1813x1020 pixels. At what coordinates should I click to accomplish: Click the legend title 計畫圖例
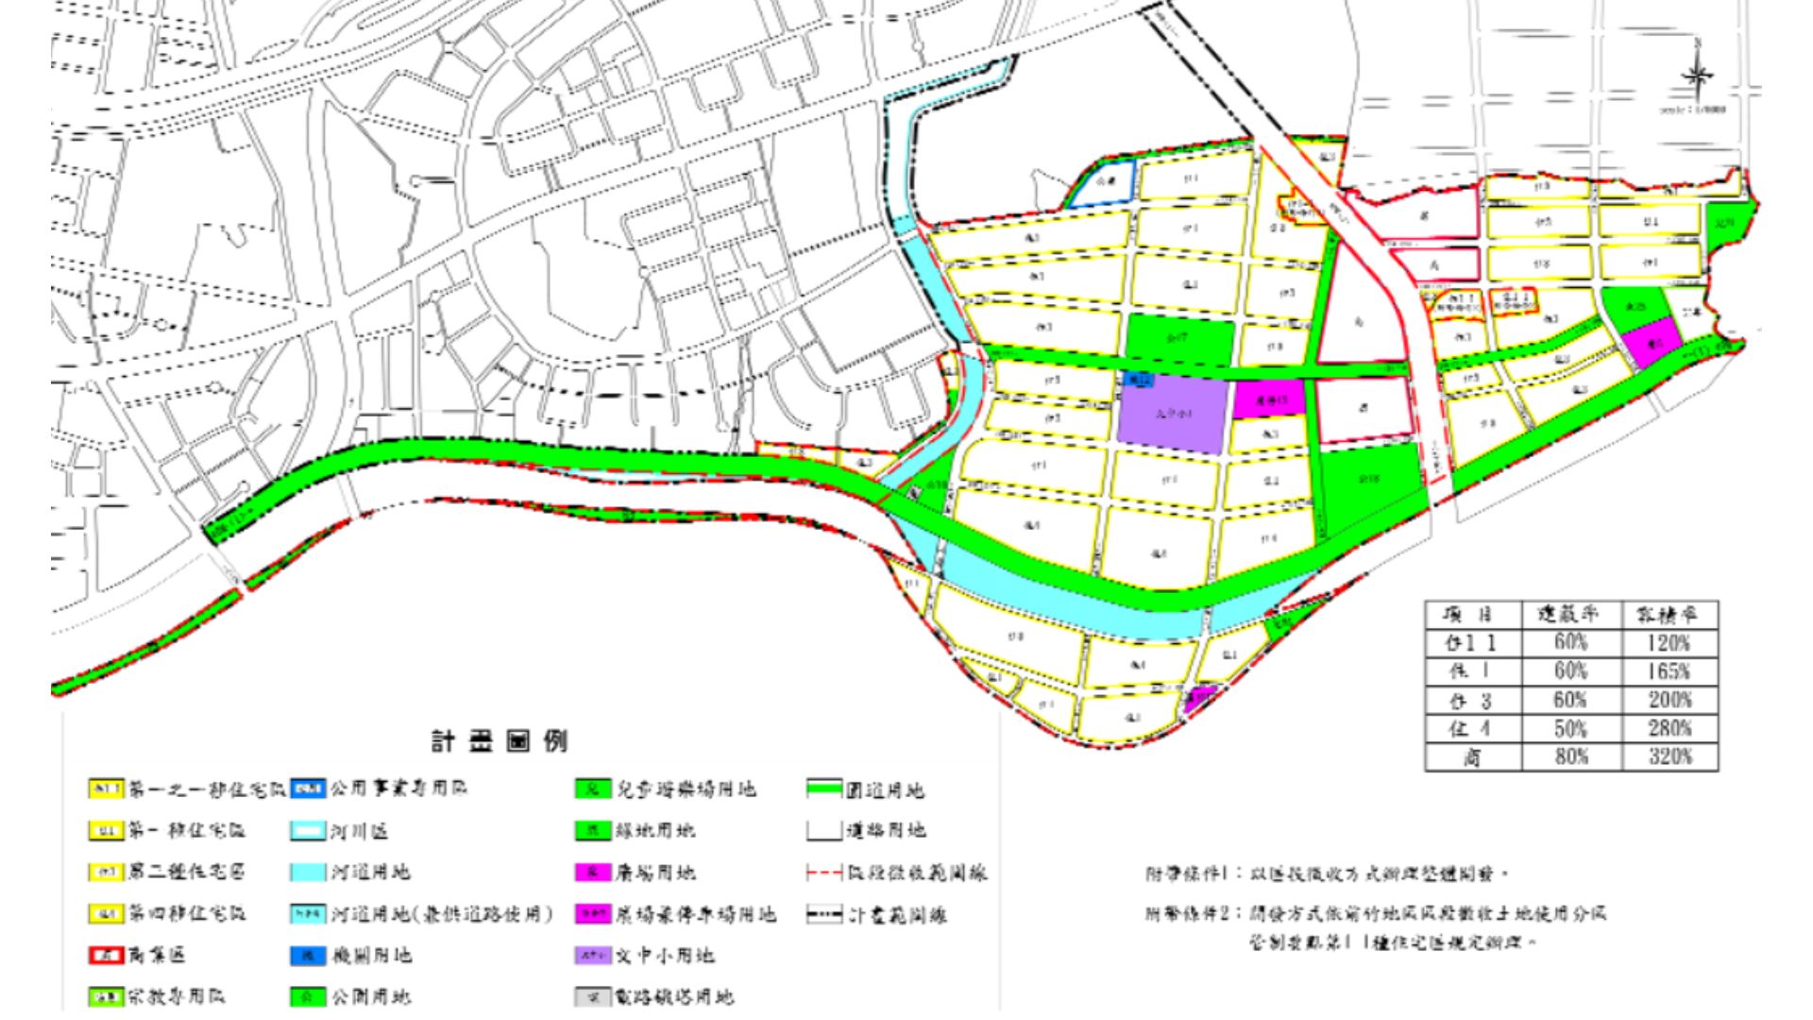click(500, 741)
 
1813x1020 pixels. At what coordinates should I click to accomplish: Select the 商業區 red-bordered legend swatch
click(106, 955)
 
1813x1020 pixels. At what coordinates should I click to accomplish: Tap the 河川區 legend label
click(359, 831)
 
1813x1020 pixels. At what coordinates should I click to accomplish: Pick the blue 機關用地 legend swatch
click(308, 955)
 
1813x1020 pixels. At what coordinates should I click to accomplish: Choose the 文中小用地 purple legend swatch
click(592, 955)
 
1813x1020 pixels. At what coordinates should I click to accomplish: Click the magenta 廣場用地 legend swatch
click(592, 872)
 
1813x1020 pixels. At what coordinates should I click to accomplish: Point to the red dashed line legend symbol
click(824, 872)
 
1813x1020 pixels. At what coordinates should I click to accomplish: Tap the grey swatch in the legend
click(592, 996)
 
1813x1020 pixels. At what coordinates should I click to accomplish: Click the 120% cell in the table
click(1668, 643)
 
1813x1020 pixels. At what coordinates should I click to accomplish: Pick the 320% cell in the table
click(1668, 756)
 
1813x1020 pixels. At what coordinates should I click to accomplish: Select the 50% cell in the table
click(1569, 728)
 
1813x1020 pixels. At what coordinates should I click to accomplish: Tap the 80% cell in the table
click(1569, 756)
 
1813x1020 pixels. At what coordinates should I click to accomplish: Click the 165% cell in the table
click(1668, 671)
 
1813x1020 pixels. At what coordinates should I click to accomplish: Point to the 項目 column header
click(1472, 615)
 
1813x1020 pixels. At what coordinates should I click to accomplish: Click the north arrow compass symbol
click(1698, 76)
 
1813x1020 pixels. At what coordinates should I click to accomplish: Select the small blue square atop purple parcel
click(1141, 380)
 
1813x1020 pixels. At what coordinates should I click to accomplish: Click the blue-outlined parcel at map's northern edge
click(1103, 183)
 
